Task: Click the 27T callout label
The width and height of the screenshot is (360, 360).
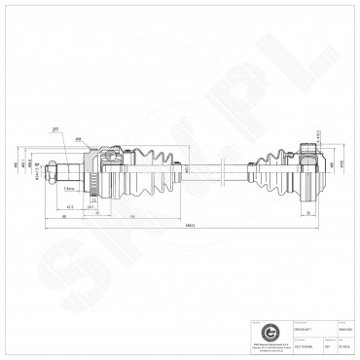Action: pos(56,126)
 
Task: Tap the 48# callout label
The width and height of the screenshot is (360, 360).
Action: pos(77,138)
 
